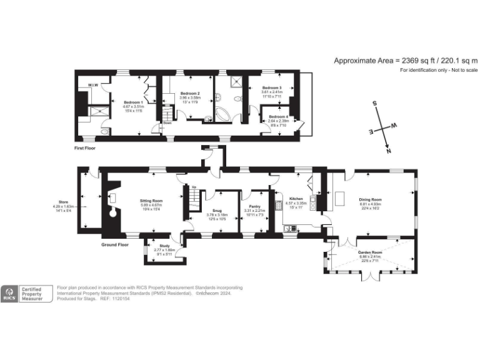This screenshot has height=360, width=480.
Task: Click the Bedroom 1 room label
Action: click(133, 102)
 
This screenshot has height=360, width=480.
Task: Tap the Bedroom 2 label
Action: click(189, 93)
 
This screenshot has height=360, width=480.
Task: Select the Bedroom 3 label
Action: click(272, 87)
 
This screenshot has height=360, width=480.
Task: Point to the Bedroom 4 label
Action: click(278, 116)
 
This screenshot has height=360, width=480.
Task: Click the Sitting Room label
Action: click(151, 201)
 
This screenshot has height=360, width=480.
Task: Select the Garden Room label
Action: click(371, 251)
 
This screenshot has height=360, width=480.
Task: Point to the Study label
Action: click(164, 246)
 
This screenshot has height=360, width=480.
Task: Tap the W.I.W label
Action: click(92, 85)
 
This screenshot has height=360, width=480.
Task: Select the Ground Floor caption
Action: click(115, 245)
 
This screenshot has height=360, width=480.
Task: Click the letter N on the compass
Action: click(388, 151)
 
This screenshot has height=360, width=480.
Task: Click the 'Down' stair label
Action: click(167, 123)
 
